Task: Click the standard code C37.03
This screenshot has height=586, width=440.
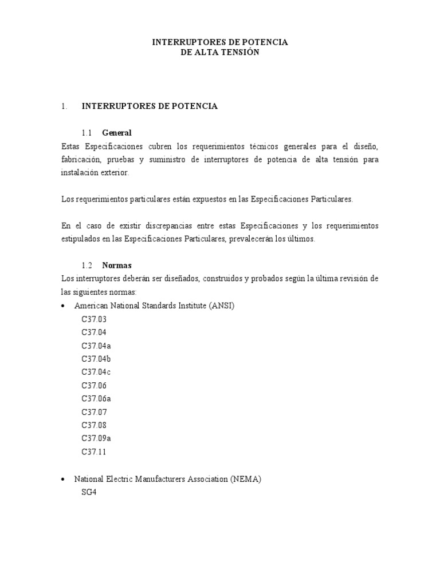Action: tap(94, 319)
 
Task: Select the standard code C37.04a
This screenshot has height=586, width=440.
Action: tap(96, 345)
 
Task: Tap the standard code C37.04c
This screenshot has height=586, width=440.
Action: tap(96, 372)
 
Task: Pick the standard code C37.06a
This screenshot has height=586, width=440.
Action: tap(96, 398)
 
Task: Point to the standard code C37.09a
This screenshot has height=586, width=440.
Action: tap(96, 438)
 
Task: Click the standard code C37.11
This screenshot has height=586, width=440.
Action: tap(94, 452)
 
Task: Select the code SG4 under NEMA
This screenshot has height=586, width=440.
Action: tap(89, 492)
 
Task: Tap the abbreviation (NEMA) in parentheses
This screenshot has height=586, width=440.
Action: tap(246, 479)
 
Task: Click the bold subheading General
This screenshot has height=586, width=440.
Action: tap(117, 133)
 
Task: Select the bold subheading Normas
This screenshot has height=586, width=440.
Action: tap(117, 266)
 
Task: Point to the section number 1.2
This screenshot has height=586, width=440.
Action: tap(87, 266)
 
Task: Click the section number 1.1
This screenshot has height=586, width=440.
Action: tap(87, 133)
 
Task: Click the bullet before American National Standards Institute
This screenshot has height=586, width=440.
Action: tap(63, 306)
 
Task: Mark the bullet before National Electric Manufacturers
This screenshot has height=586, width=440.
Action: tap(63, 479)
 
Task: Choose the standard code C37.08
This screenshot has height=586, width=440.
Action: tap(94, 425)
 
